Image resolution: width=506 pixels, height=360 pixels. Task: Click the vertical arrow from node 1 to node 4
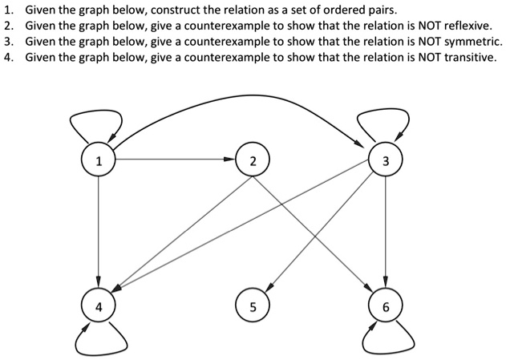[x=98, y=233]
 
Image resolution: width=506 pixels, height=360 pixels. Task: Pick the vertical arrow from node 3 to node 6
[x=386, y=233]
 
